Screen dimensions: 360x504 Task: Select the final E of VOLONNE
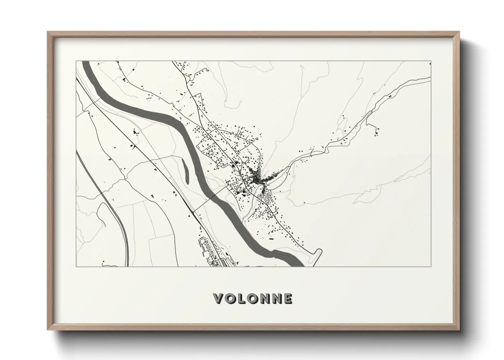click(x=288, y=299)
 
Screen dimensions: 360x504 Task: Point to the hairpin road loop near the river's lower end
click(x=318, y=252)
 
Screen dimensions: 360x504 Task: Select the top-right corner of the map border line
click(x=431, y=61)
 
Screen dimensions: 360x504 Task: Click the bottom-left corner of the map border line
click(x=76, y=266)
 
